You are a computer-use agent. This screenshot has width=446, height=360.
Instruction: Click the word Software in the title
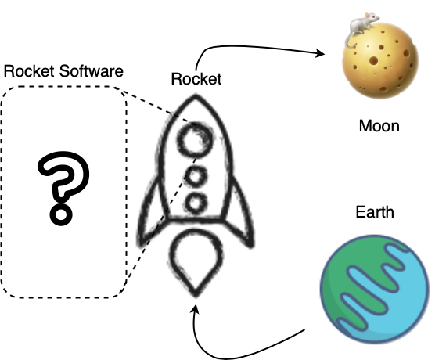pyautogui.click(x=92, y=71)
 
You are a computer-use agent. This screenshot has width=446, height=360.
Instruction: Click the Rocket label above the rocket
pyautogui.click(x=196, y=79)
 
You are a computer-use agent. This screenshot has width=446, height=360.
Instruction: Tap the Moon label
pyautogui.click(x=379, y=126)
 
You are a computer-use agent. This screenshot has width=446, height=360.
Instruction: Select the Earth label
pyautogui.click(x=375, y=212)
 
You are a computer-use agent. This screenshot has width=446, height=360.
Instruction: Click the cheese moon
pyautogui.click(x=380, y=60)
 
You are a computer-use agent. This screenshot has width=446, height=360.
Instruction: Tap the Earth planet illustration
pyautogui.click(x=375, y=289)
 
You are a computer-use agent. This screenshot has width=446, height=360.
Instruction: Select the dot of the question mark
pyautogui.click(x=61, y=214)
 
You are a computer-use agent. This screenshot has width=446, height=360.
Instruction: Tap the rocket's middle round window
pyautogui.click(x=195, y=175)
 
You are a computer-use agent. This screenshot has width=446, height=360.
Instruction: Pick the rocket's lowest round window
pyautogui.click(x=196, y=203)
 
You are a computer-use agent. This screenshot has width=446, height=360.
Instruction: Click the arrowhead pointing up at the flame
pyautogui.click(x=196, y=308)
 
